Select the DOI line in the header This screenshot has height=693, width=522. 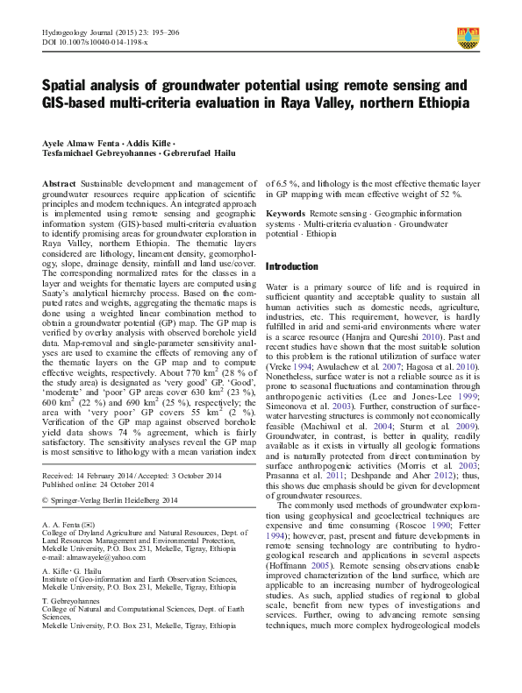click(95, 41)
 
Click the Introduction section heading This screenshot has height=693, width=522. click(293, 265)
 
